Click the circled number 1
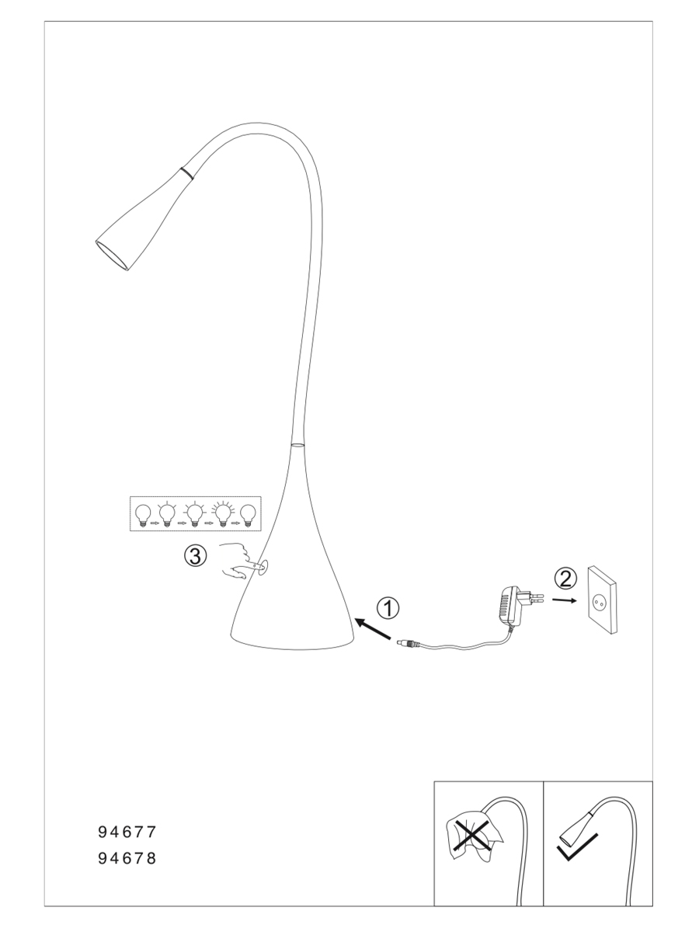[388, 609]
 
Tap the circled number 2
[565, 579]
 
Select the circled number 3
[195, 555]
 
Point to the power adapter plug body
[510, 605]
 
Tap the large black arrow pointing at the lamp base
[373, 628]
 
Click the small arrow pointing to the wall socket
[564, 600]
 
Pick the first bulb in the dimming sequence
[143, 515]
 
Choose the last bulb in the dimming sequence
[248, 515]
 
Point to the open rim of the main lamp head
[111, 256]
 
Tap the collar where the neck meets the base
[297, 444]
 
